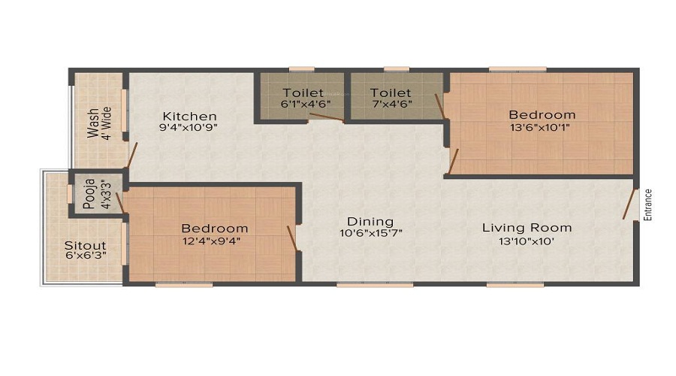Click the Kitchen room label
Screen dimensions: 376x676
point(190,117)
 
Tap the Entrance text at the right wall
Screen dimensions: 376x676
point(648,205)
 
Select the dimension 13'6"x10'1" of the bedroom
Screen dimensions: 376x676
point(542,128)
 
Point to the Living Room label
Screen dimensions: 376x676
point(527,227)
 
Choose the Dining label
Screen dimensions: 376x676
point(370,221)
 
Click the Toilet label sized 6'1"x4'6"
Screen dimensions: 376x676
point(302,92)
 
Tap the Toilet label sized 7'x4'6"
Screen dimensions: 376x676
point(389,92)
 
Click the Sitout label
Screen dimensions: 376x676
point(85,246)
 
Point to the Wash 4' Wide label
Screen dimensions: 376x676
point(98,123)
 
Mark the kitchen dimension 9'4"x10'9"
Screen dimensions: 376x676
point(190,129)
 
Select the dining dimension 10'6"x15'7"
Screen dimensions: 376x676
point(370,234)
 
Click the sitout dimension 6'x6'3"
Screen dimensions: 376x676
point(85,257)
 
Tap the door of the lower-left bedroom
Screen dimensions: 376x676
point(291,237)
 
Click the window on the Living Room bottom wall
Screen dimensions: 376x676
point(515,284)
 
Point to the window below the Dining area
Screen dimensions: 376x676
point(375,284)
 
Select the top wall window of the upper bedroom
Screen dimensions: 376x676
point(517,70)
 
